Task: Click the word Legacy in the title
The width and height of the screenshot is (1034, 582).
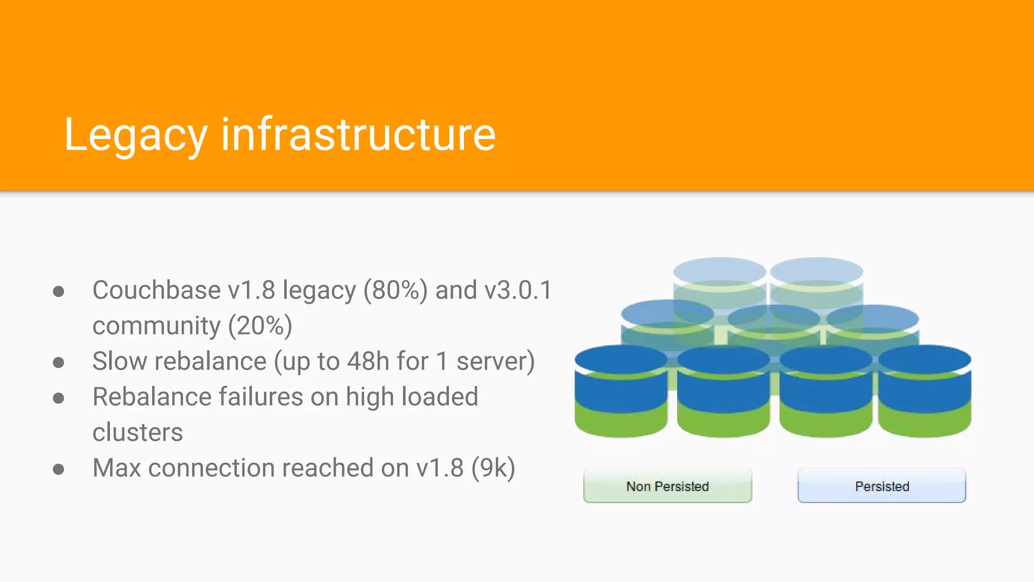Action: pyautogui.click(x=135, y=135)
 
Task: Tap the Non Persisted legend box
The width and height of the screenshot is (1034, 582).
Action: pyautogui.click(x=667, y=486)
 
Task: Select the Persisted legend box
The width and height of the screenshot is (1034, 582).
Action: pyautogui.click(x=882, y=486)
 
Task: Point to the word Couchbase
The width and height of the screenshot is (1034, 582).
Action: pyautogui.click(x=157, y=290)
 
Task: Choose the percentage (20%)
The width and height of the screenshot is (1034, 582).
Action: pyautogui.click(x=260, y=325)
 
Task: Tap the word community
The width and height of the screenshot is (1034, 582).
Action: pyautogui.click(x=157, y=326)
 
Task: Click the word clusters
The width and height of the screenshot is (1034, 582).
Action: pyautogui.click(x=137, y=432)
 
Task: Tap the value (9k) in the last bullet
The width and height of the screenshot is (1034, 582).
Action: pyautogui.click(x=493, y=468)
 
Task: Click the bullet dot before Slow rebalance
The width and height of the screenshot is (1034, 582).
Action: pyautogui.click(x=59, y=362)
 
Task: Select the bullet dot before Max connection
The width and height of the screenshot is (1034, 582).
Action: pyautogui.click(x=59, y=469)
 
